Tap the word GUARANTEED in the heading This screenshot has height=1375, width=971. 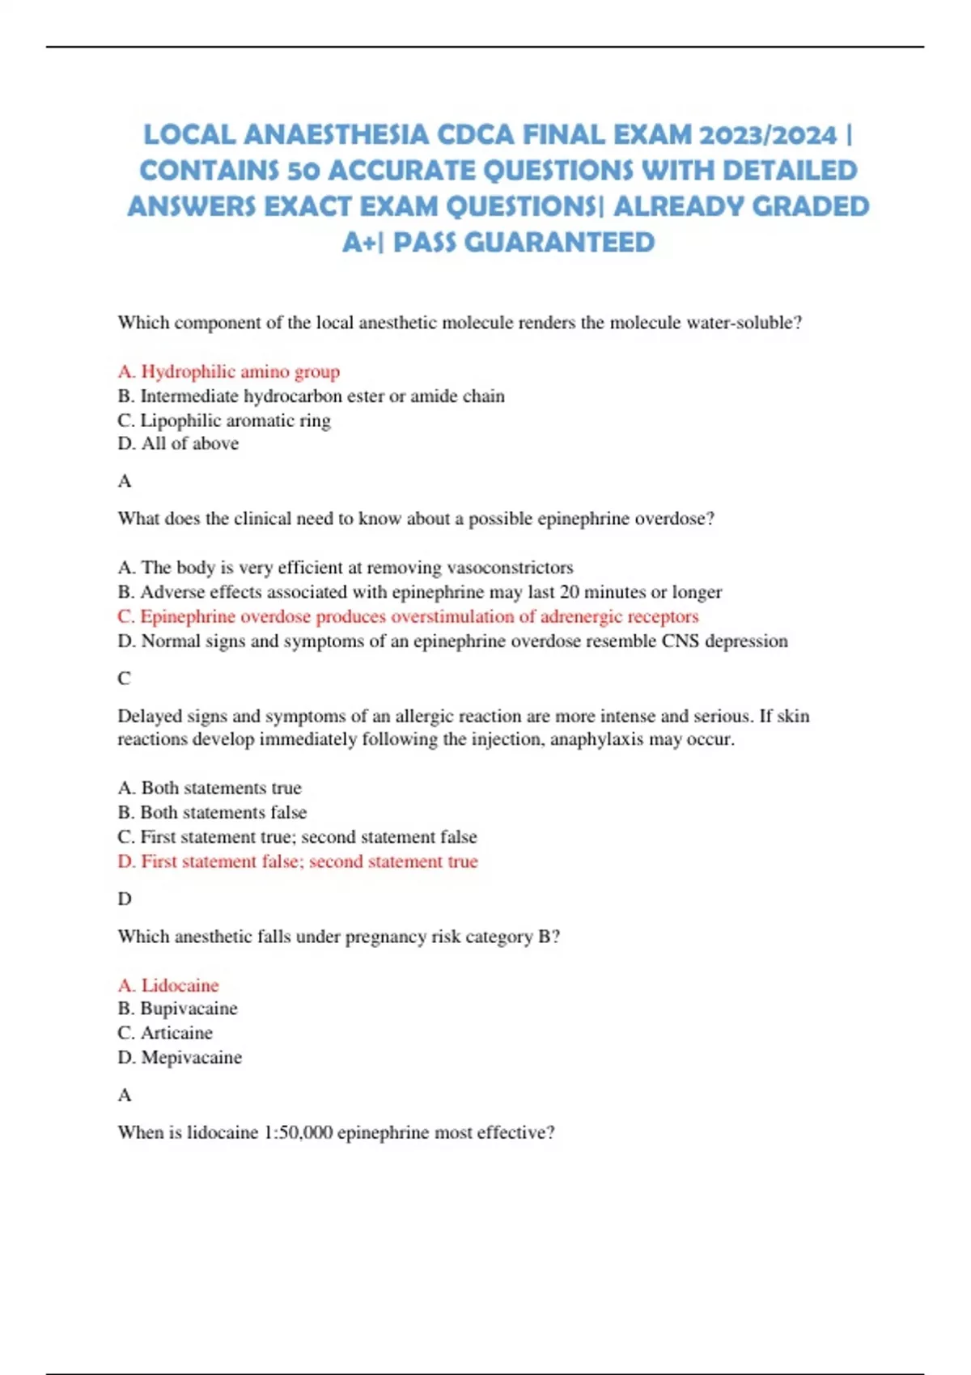coord(559,242)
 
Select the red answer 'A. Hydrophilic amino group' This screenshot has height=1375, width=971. coord(228,371)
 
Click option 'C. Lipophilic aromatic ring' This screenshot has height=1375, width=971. coord(224,421)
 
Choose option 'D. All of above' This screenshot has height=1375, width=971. coord(178,443)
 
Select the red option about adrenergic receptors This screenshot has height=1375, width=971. coord(408,616)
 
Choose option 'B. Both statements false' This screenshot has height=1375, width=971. coord(212,812)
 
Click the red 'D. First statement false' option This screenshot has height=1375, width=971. coord(298,861)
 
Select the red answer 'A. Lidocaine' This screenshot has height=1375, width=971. coord(168,985)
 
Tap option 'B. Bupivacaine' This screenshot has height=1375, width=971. coord(178,1009)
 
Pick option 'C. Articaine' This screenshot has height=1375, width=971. coord(165,1033)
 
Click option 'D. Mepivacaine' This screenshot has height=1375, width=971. coord(180,1057)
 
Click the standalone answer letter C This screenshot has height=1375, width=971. coord(124,679)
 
